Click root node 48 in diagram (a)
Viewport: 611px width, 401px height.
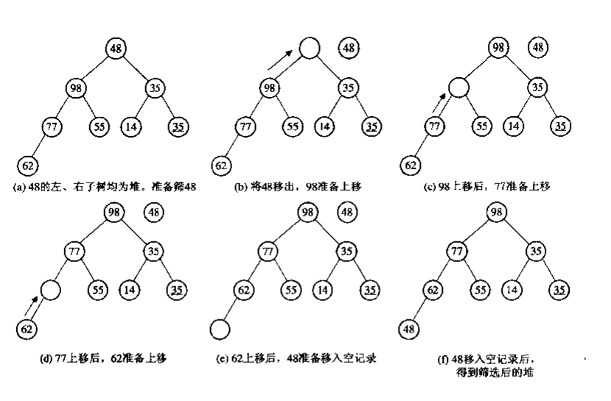click(x=116, y=49)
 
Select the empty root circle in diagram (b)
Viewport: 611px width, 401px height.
click(x=310, y=49)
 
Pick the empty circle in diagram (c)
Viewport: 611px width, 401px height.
click(x=459, y=88)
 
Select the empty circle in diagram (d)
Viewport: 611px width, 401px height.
click(x=50, y=289)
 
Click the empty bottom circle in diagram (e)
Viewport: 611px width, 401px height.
click(x=219, y=328)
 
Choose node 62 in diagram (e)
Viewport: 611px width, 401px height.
click(x=244, y=290)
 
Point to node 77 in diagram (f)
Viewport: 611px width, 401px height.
click(x=458, y=252)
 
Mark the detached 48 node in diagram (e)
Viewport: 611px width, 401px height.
click(x=348, y=213)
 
